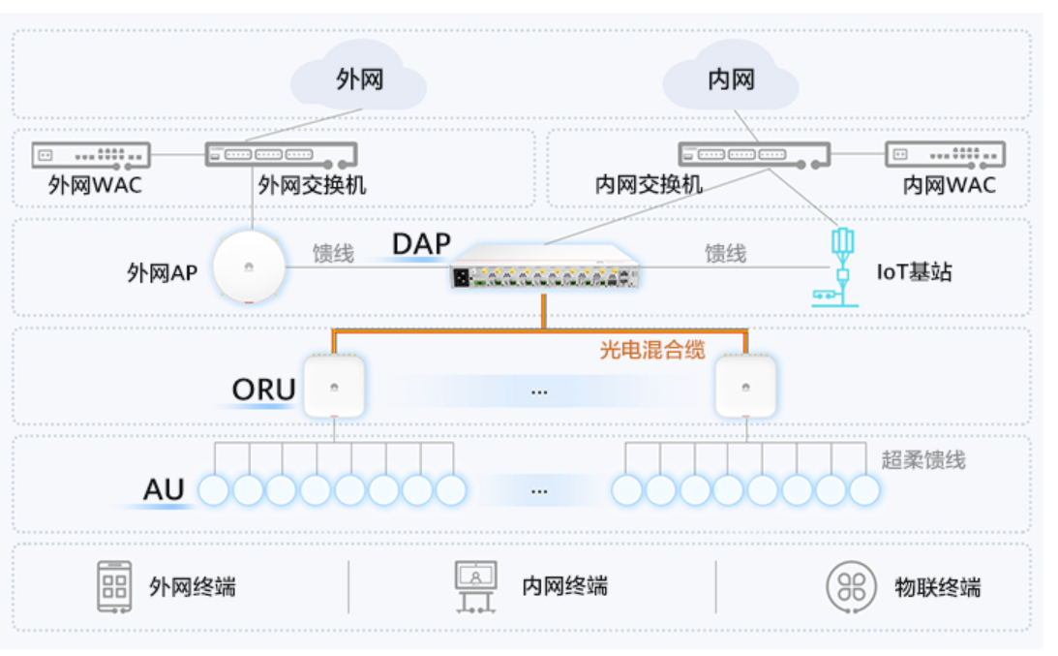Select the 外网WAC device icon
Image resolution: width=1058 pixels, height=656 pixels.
click(x=91, y=154)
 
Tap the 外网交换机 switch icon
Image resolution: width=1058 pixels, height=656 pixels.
click(x=281, y=154)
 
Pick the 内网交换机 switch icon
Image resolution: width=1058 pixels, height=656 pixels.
click(x=754, y=154)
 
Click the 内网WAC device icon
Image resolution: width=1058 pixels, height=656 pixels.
click(x=945, y=154)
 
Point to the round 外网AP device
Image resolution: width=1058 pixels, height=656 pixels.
click(x=250, y=267)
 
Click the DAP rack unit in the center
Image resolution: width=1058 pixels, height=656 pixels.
click(x=545, y=271)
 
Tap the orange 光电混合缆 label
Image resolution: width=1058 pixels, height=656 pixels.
click(x=651, y=350)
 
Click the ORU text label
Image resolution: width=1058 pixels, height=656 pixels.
click(x=263, y=390)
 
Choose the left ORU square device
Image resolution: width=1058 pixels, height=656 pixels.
click(x=335, y=387)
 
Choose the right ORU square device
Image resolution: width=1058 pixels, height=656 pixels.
click(x=744, y=387)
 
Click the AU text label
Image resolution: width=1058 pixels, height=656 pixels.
click(x=164, y=490)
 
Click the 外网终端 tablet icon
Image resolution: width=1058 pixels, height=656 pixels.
click(x=114, y=585)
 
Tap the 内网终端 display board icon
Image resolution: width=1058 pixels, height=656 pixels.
click(x=475, y=585)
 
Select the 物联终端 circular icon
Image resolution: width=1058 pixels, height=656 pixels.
click(x=851, y=586)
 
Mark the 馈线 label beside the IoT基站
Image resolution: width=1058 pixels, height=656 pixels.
click(x=725, y=254)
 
